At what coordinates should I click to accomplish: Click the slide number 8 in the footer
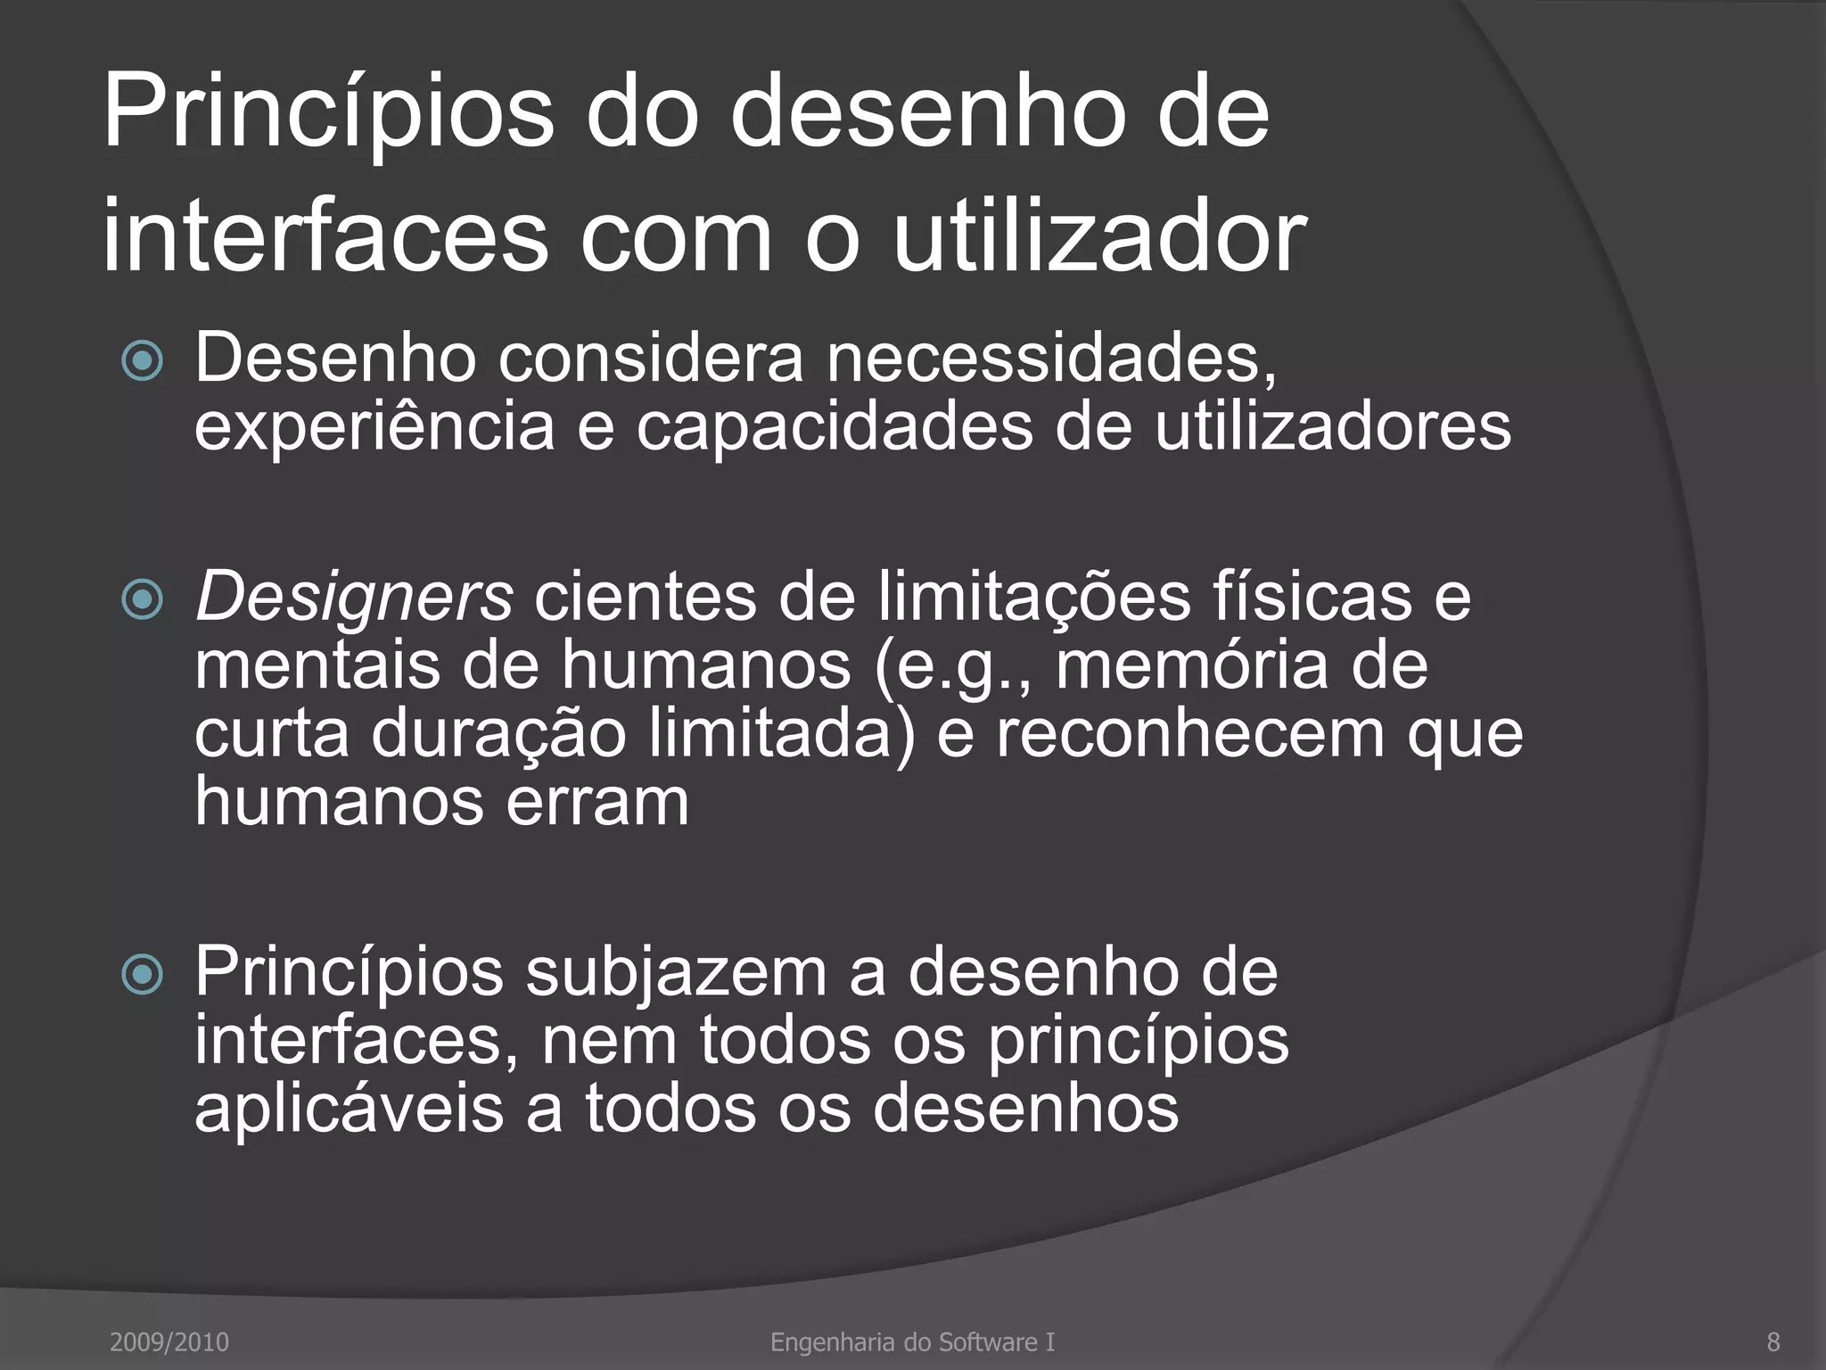point(1773,1341)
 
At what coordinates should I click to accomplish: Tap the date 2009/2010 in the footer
point(169,1341)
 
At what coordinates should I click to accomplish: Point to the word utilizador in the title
point(1098,237)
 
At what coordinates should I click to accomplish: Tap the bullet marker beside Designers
point(143,599)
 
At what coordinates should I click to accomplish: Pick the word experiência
point(375,429)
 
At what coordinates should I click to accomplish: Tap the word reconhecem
point(1189,733)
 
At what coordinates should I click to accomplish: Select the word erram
point(597,802)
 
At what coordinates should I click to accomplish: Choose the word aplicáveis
point(349,1109)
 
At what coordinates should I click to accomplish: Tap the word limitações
point(1034,598)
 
